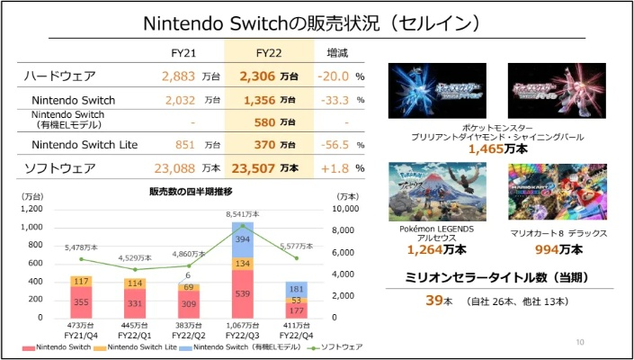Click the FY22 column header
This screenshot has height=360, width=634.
(269, 52)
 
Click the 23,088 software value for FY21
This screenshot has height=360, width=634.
(174, 167)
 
